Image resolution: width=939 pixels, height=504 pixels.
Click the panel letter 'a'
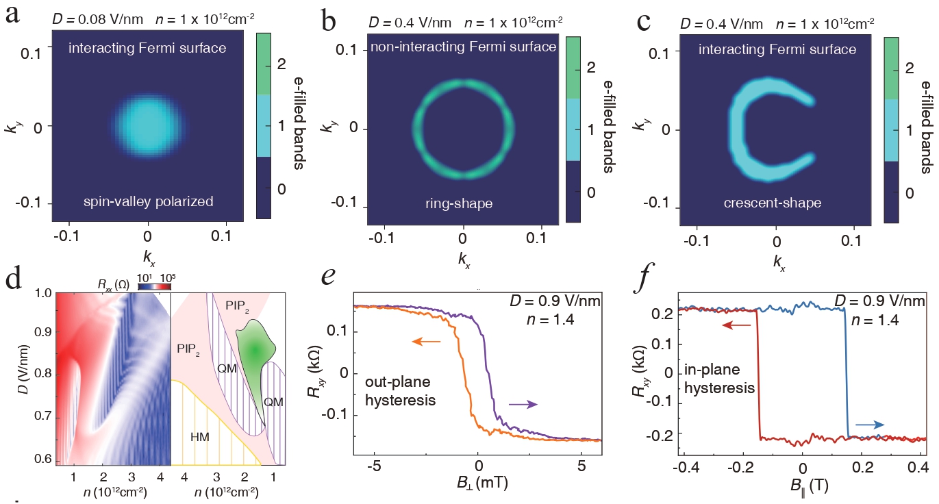pos(12,16)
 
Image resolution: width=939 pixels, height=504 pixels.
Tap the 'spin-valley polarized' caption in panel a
pos(149,201)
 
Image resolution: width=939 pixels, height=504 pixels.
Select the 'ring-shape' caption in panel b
pos(459,203)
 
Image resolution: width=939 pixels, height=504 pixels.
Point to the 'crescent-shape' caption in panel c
pos(772,203)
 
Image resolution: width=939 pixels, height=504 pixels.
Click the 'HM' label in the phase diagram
pos(199,437)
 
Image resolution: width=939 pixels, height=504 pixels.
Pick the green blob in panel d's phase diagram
pos(254,352)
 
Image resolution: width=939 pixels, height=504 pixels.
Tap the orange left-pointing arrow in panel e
pos(426,342)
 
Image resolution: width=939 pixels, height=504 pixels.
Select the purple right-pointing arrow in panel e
pos(523,404)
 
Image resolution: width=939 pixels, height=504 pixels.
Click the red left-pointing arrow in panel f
pos(736,325)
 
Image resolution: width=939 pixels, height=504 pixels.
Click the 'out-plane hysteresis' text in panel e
pos(401,391)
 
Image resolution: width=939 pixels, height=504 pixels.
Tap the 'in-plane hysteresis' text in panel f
pos(719,379)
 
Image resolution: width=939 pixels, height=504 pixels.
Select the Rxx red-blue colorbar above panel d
pos(155,286)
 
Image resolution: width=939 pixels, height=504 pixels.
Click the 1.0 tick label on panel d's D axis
pos(42,293)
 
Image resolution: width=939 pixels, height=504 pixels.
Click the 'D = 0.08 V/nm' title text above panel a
pos(97,19)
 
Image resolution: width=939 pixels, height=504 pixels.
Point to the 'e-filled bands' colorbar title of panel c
pos(927,127)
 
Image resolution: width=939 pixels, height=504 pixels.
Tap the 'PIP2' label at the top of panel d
pos(237,306)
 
